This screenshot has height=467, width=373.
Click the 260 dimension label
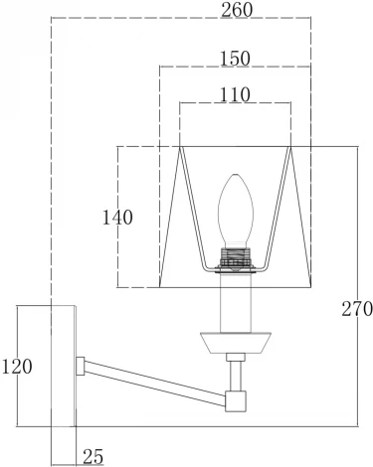click(237, 10)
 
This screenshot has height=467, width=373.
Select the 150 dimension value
click(235, 59)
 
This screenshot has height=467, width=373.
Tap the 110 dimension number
click(235, 95)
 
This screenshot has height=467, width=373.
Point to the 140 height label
click(117, 218)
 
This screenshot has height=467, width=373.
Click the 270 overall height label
click(357, 309)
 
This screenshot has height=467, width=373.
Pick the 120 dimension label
click(17, 367)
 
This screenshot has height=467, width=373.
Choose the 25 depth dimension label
click(93, 457)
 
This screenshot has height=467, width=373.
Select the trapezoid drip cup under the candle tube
click(236, 343)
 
